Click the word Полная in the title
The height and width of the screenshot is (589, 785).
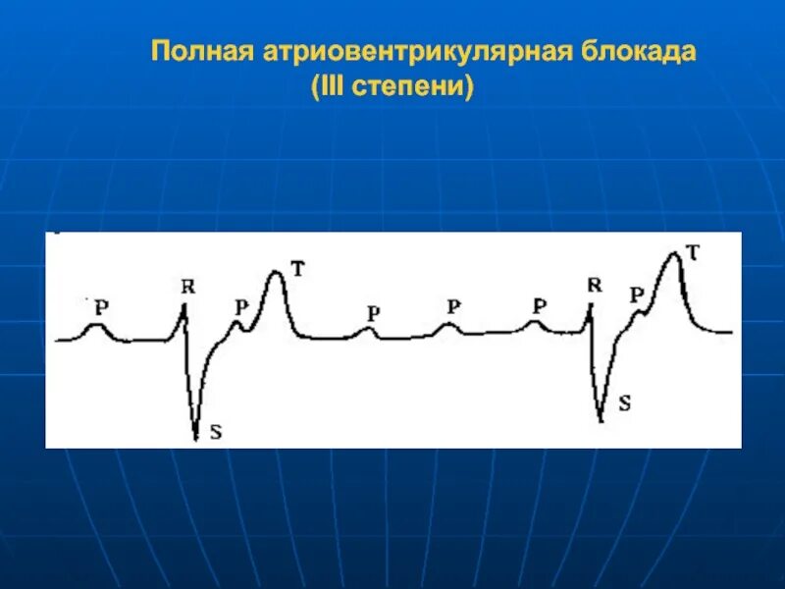click(201, 52)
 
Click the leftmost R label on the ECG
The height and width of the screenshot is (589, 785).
click(188, 287)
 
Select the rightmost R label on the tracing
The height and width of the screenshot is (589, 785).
click(594, 286)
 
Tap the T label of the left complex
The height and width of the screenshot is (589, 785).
click(298, 266)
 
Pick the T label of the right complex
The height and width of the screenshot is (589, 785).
click(693, 252)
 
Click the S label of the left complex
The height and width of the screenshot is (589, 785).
click(217, 428)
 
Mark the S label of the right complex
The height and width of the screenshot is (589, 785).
click(625, 402)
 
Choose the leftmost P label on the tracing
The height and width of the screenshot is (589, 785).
click(101, 306)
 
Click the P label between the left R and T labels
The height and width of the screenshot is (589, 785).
click(241, 306)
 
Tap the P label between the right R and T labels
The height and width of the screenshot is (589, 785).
click(638, 294)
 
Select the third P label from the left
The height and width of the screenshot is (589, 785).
click(373, 313)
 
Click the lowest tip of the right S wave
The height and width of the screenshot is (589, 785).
click(602, 420)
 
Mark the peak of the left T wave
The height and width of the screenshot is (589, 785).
click(277, 273)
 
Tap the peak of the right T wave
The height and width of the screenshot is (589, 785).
click(673, 254)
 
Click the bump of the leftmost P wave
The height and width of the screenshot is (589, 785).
click(94, 325)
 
